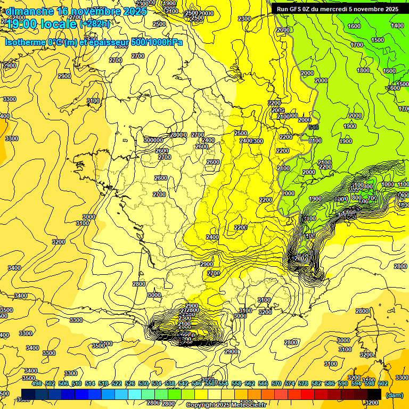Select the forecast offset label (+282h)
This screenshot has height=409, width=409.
pos(95,23)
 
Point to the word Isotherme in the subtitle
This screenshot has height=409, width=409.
pos(26,43)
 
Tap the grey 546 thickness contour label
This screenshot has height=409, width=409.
pos(313,127)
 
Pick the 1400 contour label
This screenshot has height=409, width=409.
pos(397,26)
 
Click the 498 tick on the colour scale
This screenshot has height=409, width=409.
pos(37,383)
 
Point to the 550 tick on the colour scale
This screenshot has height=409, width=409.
pos(210,383)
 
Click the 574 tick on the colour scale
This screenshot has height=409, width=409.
pos(276,383)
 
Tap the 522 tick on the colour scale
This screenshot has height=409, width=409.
pos(117,383)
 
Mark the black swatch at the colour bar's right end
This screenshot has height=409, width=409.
pos(374,394)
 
